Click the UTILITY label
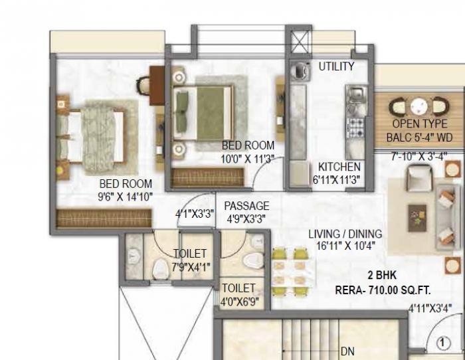point(336,66)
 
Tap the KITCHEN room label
point(339,167)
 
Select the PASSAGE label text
point(246,206)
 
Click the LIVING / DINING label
point(345,234)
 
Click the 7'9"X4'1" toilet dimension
point(190,267)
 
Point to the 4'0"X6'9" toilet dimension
point(238,301)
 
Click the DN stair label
point(347,351)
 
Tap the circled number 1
point(442,343)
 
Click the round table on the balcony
point(418,106)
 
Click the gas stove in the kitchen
point(355,127)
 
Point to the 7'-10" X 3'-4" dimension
point(418,156)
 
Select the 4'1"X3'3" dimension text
point(195,215)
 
